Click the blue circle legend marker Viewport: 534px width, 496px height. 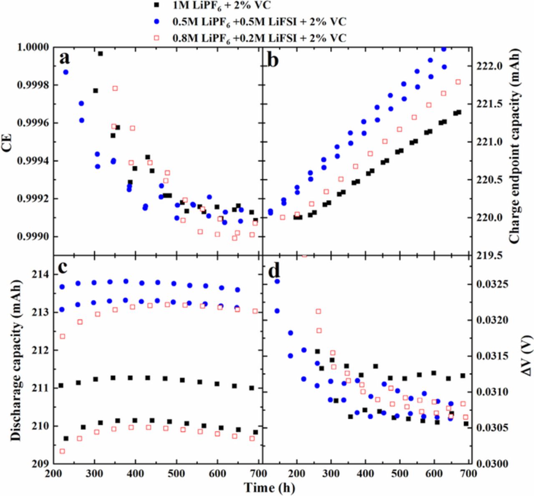pyautogui.click(x=156, y=22)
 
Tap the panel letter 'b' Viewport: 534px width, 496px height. pyautogui.click(x=272, y=60)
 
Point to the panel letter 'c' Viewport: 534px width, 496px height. pyautogui.click(x=63, y=267)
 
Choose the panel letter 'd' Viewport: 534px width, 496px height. pyautogui.click(x=274, y=271)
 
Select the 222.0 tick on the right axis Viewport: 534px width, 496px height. pyautogui.click(x=487, y=66)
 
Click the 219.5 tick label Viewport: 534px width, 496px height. pyautogui.click(x=487, y=255)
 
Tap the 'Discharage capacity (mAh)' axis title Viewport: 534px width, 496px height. pyautogui.click(x=16, y=360)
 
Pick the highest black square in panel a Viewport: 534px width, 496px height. pyautogui.click(x=100, y=54)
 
